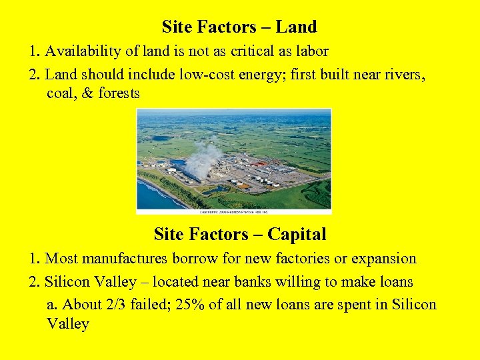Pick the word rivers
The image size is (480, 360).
point(404,74)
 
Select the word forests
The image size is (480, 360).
point(119,93)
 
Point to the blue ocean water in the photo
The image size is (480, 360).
point(150,195)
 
